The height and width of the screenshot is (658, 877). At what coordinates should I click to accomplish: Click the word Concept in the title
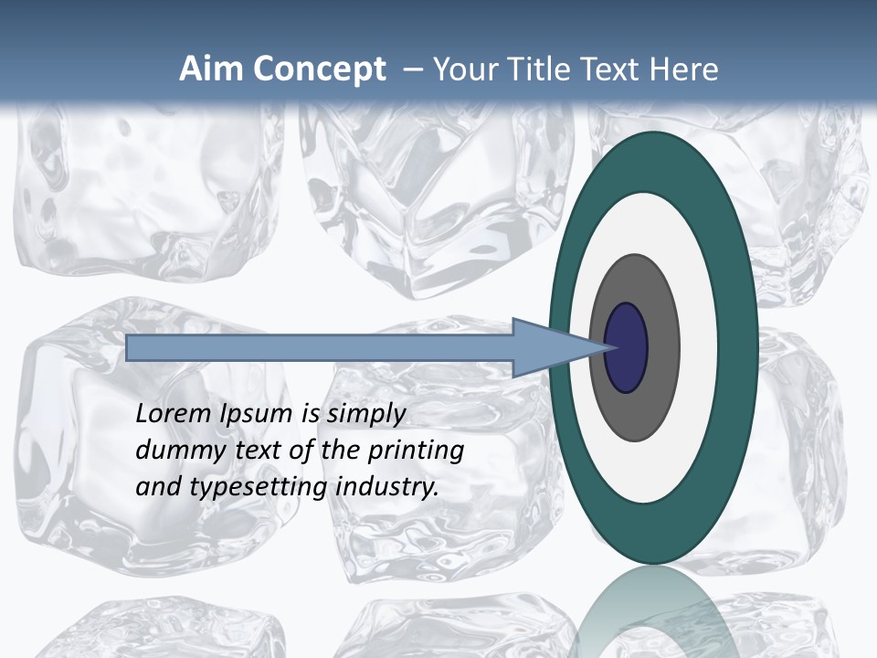tap(319, 69)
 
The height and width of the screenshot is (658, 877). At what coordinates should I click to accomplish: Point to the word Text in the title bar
tap(615, 69)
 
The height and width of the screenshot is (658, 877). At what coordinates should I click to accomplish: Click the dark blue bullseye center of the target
tap(626, 348)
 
